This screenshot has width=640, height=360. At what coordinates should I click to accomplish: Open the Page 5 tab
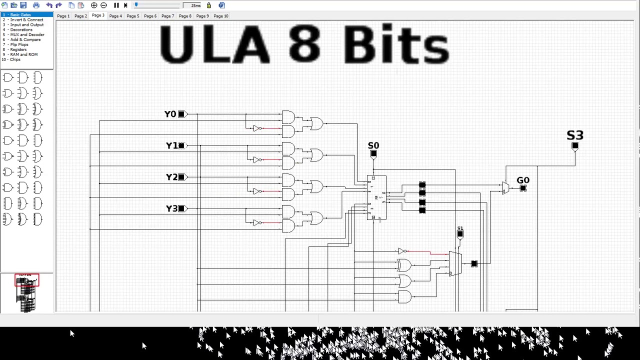132,16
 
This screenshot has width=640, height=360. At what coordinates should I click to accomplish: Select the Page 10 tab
221,16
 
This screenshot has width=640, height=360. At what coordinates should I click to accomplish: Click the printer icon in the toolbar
36,5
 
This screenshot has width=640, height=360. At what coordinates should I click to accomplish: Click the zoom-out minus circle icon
103,5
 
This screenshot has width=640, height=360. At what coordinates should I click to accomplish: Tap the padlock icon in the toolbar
208,5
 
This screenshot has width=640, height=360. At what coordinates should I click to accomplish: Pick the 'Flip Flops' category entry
19,44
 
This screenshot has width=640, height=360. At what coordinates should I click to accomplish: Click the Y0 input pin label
170,114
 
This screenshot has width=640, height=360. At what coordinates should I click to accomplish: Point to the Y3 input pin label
171,208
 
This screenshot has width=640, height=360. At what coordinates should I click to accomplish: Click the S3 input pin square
575,146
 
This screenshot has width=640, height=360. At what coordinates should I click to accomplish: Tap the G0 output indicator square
523,188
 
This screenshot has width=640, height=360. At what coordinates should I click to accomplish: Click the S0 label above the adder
373,145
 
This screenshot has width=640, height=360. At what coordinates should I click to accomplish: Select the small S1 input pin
460,233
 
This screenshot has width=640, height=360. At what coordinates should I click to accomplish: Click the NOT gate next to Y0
257,128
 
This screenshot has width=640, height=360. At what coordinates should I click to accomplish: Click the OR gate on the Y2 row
316,186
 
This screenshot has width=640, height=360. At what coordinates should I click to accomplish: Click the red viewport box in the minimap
26,280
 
